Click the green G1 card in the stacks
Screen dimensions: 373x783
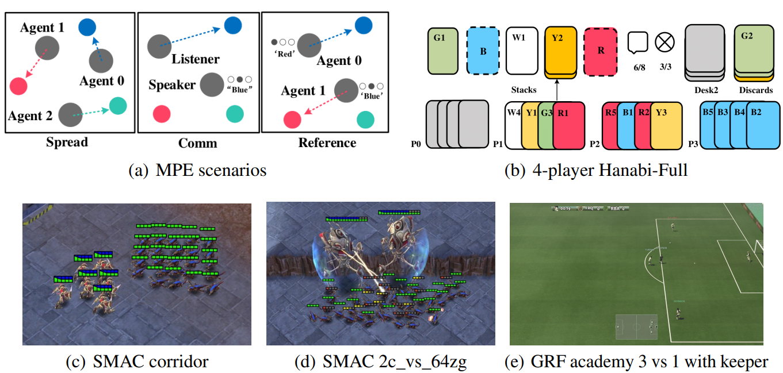coord(442,50)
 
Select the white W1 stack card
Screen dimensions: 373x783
coord(521,50)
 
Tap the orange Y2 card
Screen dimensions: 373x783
coord(560,50)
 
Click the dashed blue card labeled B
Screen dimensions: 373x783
coord(483,50)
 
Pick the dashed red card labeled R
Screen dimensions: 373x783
coord(601,50)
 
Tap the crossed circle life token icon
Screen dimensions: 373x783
coord(665,42)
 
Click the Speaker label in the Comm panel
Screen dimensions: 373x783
coord(172,85)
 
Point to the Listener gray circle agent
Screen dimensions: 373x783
coord(159,46)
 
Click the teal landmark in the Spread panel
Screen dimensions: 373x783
coord(118,106)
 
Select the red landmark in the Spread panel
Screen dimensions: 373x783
coord(18,86)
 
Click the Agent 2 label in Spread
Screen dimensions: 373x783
coord(30,116)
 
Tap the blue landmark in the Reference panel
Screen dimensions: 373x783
coord(364,25)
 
